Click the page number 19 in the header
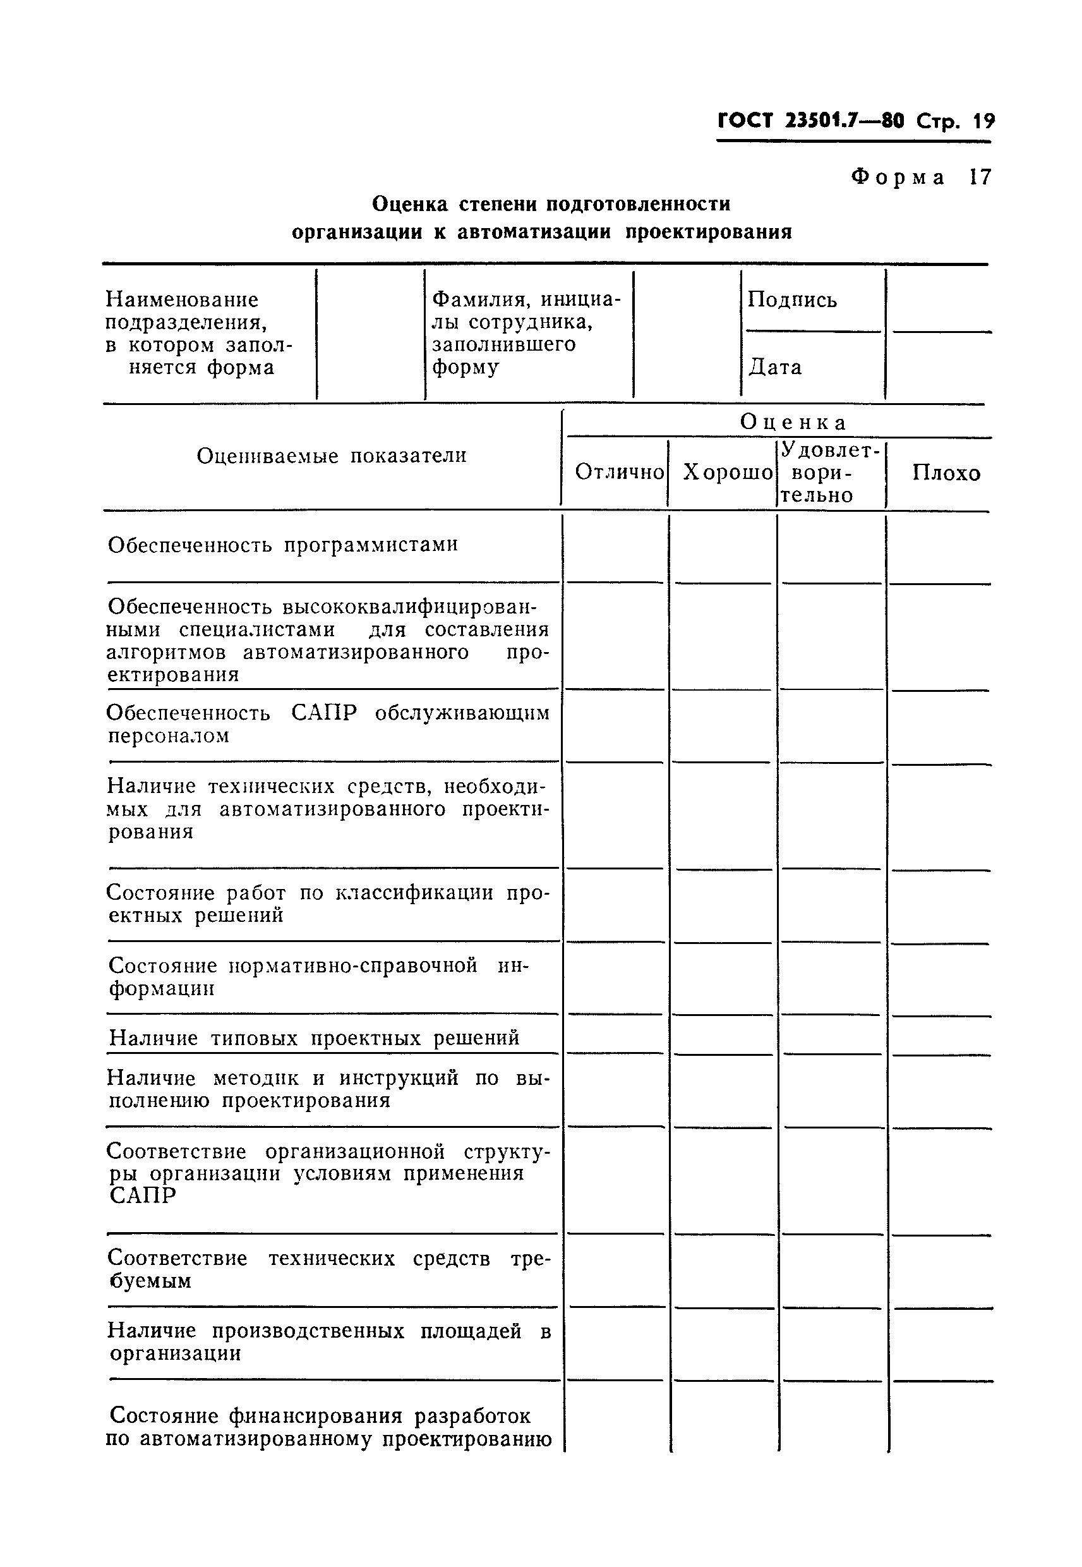[x=983, y=121]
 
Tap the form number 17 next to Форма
[x=980, y=178]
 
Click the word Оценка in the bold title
[x=409, y=203]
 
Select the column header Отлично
[x=619, y=472]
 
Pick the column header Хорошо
[x=728, y=472]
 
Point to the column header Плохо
[x=946, y=473]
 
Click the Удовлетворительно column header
[x=829, y=472]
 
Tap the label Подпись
[x=792, y=299]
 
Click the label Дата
[x=775, y=368]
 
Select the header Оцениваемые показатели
[x=332, y=456]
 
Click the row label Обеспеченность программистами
[x=283, y=545]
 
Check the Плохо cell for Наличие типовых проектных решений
[x=941, y=1036]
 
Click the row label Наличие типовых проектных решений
[x=314, y=1038]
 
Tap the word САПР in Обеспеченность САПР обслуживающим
[x=323, y=713]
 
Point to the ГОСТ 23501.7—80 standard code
[x=810, y=121]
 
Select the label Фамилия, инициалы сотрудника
[x=526, y=332]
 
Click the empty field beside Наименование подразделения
[x=370, y=334]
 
